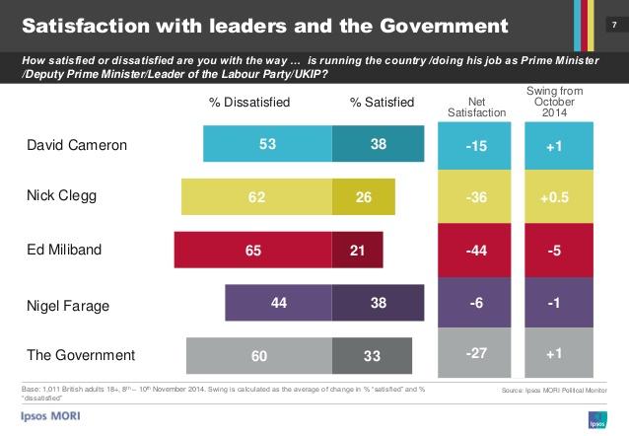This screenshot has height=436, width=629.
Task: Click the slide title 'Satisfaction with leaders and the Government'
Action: pyautogui.click(x=264, y=23)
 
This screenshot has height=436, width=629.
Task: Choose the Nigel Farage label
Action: pyautogui.click(x=67, y=303)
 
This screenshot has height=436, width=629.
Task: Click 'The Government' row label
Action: pyautogui.click(x=80, y=354)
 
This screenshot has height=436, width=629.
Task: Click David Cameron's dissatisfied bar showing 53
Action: pyautogui.click(x=267, y=144)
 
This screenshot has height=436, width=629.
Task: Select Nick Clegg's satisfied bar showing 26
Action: pyautogui.click(x=363, y=196)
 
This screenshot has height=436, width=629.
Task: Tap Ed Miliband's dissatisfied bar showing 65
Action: pyautogui.click(x=252, y=250)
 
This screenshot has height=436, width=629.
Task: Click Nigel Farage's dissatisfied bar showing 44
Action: pyautogui.click(x=279, y=302)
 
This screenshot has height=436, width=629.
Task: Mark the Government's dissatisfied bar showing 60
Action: pyautogui.click(x=258, y=354)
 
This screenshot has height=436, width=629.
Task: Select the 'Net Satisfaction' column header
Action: pyautogui.click(x=475, y=107)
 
